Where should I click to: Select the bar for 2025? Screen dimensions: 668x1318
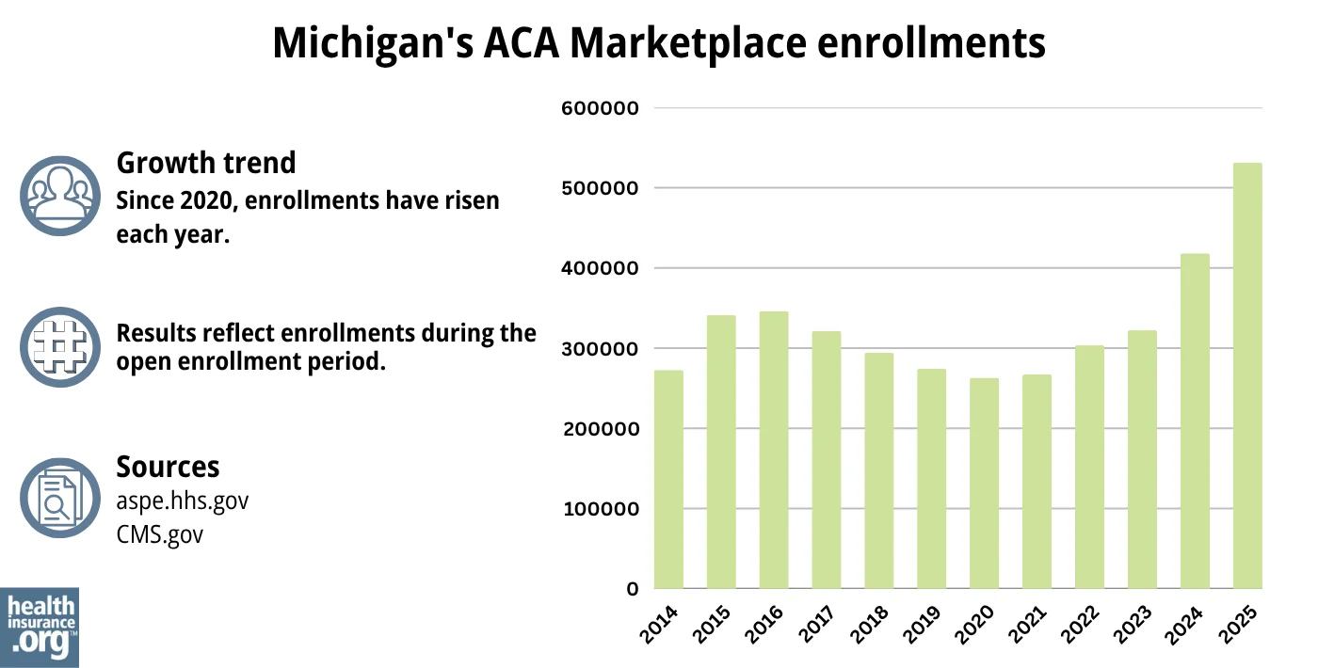(x=1247, y=376)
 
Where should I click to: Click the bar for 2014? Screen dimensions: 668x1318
(x=668, y=480)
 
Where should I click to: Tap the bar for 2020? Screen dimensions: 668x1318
(x=985, y=484)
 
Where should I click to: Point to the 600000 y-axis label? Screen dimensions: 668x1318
(x=600, y=108)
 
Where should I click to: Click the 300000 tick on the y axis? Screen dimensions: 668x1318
(x=600, y=349)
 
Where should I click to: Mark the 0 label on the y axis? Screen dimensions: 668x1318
(x=633, y=590)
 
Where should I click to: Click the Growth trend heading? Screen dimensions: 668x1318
(x=205, y=163)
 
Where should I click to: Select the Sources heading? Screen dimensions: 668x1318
(x=168, y=467)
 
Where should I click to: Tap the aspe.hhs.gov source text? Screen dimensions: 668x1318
(x=182, y=501)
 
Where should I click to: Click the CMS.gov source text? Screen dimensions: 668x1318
(x=159, y=534)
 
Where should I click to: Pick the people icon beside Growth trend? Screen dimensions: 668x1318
(x=59, y=195)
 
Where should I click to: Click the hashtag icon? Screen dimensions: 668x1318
(x=59, y=346)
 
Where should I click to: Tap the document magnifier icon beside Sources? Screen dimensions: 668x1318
(x=59, y=498)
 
